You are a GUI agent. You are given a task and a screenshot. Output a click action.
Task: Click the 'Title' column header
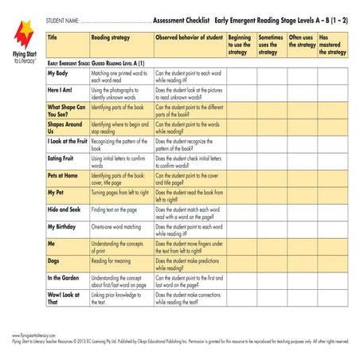coord(53,37)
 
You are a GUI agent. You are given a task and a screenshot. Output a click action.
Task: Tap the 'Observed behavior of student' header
coord(189,37)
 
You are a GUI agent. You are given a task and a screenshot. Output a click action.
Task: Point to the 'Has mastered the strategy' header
coord(332,45)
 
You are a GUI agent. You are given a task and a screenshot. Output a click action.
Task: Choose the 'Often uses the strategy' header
coord(302,41)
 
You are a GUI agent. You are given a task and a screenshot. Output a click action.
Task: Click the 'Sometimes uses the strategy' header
coord(271,45)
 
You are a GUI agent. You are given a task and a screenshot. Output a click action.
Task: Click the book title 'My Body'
coord(58,72)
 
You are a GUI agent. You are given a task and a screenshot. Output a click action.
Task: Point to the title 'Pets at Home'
coord(63,174)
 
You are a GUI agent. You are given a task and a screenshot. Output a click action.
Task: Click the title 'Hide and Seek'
coord(65,209)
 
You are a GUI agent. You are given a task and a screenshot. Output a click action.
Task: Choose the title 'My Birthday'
coord(64,226)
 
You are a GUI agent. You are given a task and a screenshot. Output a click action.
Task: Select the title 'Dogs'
coord(53,260)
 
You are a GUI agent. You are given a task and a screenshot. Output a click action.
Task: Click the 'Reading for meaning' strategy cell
coord(115,260)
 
